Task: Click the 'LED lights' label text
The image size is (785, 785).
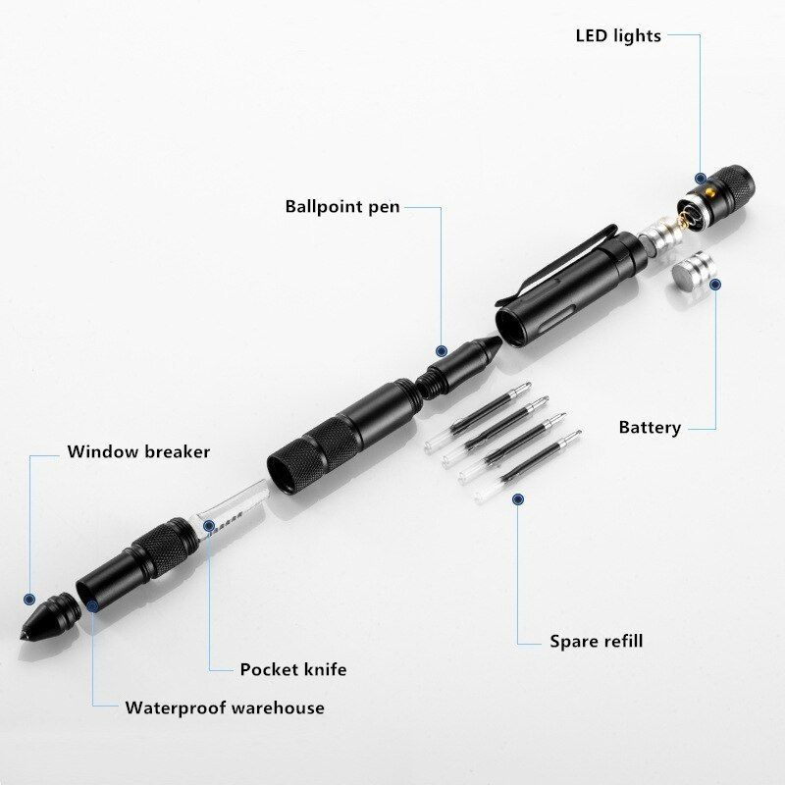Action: [x=618, y=35]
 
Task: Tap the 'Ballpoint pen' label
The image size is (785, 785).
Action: [x=342, y=206]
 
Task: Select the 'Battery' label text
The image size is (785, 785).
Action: [x=650, y=427]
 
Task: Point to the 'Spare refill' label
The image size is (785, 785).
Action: [x=597, y=641]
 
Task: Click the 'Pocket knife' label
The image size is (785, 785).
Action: [x=292, y=669]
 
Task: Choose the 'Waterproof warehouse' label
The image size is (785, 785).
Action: [x=225, y=707]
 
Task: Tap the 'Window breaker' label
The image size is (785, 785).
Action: [x=138, y=451]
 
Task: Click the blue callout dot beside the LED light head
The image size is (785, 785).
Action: [x=701, y=178]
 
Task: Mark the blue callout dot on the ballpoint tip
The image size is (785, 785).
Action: [x=441, y=351]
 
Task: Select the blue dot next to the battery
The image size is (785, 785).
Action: [x=715, y=285]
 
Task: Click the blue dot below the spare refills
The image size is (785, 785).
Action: [x=518, y=498]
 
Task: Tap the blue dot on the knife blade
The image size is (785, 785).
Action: [x=209, y=525]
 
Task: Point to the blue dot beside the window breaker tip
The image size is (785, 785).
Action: [x=29, y=599]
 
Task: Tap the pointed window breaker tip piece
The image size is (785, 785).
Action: [x=50, y=617]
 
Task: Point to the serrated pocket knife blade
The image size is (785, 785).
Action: [x=233, y=508]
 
